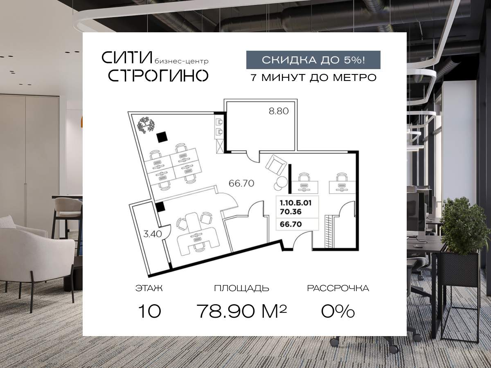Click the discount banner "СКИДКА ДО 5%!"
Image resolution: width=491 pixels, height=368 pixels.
[x=313, y=60]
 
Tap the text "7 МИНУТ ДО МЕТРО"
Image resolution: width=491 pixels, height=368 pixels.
[x=313, y=77]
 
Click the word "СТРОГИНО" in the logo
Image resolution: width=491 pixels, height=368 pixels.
[x=158, y=75]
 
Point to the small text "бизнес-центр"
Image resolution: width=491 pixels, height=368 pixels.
[x=182, y=61]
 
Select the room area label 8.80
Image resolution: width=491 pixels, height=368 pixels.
[x=279, y=111]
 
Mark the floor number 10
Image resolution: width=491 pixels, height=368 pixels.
[x=149, y=312]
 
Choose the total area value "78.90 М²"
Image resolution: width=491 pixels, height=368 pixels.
[x=241, y=312]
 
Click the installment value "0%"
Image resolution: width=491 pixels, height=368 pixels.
[x=338, y=312]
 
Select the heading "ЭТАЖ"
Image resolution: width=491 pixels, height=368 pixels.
[x=149, y=288]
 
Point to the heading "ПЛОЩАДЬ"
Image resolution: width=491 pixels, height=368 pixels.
[x=241, y=288]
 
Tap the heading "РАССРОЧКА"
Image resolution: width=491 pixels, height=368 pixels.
[x=338, y=288]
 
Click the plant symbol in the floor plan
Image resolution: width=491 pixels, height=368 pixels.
[x=145, y=125]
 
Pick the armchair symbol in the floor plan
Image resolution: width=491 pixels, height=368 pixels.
[x=276, y=166]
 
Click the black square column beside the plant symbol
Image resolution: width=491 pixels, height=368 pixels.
[x=162, y=137]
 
